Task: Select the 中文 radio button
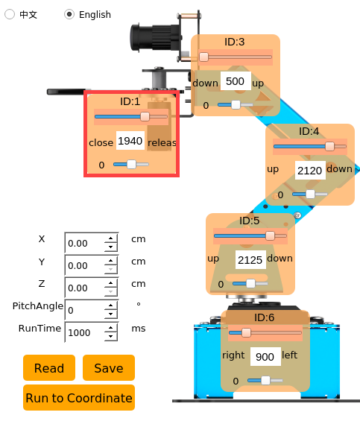coord(10,14)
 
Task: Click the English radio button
coord(69,14)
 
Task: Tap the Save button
coord(109,368)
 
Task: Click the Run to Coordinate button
coord(79,398)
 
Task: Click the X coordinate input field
coord(85,243)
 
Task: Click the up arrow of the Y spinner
coord(111,261)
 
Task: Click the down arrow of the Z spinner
coord(111,292)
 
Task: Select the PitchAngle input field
coord(85,310)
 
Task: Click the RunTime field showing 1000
coord(85,332)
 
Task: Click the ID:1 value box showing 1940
coord(130,141)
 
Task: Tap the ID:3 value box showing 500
coord(236,81)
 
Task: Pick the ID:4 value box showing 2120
coord(310,170)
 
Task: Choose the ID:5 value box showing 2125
coord(250,259)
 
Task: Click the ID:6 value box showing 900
coord(265,357)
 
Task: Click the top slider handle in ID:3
coord(203,57)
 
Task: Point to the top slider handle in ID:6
coord(246,332)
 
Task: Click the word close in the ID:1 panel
coord(101,142)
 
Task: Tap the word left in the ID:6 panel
coord(289,355)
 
